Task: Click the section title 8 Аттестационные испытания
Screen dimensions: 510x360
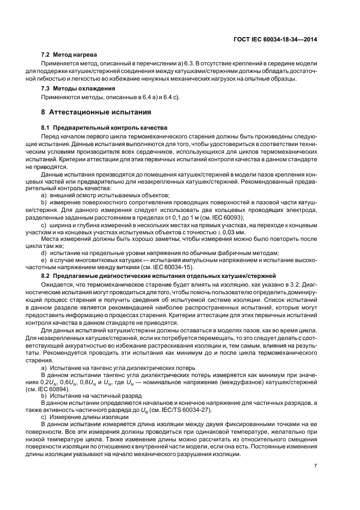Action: tap(96, 112)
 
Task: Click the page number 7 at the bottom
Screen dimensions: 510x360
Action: tap(316, 466)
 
